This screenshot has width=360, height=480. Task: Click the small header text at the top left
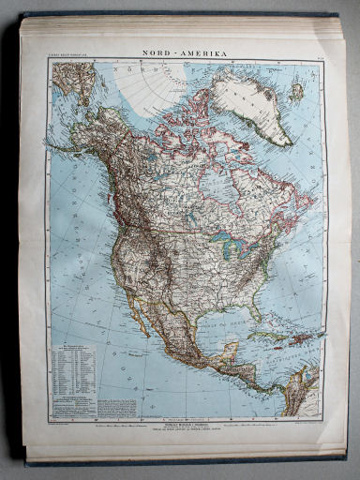(x=67, y=58)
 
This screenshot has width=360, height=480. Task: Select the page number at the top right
(x=318, y=58)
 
